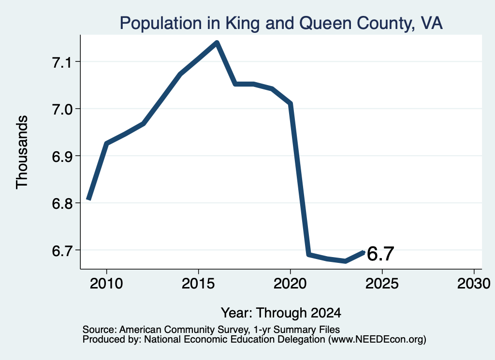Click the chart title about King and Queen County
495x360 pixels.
281,23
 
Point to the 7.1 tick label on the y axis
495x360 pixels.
62,62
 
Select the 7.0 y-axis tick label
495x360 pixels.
62,109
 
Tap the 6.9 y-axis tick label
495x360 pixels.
62,156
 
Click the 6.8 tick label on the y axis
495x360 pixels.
62,203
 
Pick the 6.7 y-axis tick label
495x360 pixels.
62,250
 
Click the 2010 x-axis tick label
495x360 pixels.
106,283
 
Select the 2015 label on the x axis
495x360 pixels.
198,283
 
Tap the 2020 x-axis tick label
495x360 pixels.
290,283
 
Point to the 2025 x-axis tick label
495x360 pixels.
382,283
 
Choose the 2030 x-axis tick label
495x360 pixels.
474,283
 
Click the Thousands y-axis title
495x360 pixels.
22,152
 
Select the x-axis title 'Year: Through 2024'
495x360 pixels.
281,313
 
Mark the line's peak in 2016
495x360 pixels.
217,43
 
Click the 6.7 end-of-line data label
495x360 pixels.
381,254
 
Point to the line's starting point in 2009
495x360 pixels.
89,199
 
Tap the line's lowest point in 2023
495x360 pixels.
346,261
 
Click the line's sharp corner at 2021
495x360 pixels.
309,254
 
